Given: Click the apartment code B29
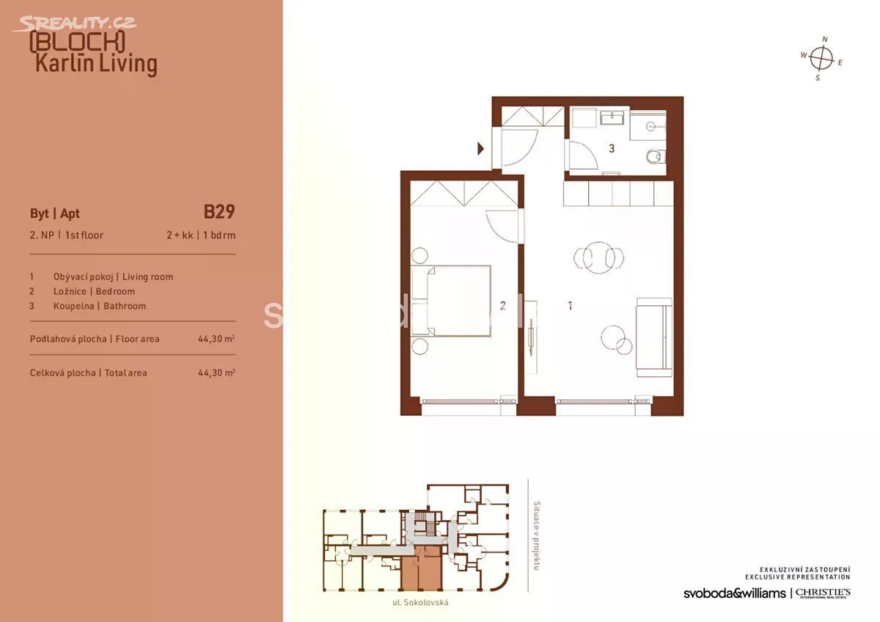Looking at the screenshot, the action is [x=219, y=212].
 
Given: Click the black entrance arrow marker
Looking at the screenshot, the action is [x=480, y=148].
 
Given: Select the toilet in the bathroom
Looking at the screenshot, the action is [x=656, y=156].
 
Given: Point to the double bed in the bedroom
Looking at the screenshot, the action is [x=451, y=301].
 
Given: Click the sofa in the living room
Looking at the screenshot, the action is [x=653, y=337].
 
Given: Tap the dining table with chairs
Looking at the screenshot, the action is [x=598, y=258].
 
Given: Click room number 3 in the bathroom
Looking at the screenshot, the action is [x=612, y=148].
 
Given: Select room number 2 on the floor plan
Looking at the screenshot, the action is [x=502, y=305].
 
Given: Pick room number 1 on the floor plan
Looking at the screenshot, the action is [x=570, y=305].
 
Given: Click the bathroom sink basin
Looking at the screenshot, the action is [x=612, y=118].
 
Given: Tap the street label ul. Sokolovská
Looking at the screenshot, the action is [x=420, y=602].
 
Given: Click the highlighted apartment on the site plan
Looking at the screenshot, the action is [x=422, y=568].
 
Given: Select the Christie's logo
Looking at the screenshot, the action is [x=823, y=593].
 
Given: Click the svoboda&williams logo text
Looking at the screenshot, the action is [x=735, y=593].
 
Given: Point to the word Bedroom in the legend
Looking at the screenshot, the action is [x=115, y=291].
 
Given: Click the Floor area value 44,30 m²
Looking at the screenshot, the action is [x=216, y=339].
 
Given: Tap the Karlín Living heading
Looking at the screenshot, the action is [x=96, y=64].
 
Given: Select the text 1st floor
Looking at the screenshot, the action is [x=84, y=235].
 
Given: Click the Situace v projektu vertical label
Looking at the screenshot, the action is [x=536, y=535].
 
